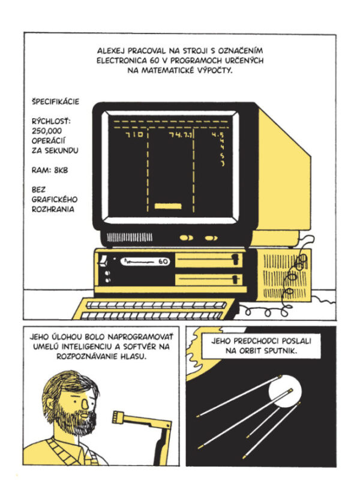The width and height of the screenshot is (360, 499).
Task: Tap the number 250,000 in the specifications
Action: pos(46,131)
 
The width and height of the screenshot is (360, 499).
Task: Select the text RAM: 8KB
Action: pos(50,170)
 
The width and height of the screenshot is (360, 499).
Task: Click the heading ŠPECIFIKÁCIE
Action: pos(55,101)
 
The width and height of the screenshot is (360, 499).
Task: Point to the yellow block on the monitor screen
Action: pos(168,206)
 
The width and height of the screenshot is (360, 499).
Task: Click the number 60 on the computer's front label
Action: pos(163,261)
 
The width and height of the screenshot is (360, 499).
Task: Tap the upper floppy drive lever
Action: pos(235,259)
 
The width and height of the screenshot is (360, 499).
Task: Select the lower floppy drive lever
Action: pos(235,279)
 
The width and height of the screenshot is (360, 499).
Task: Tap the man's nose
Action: pos(85,404)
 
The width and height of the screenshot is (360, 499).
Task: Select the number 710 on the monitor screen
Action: pos(134,134)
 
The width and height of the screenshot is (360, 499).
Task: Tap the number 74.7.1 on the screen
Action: pos(180,135)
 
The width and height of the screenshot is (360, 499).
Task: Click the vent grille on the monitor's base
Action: pos(129,237)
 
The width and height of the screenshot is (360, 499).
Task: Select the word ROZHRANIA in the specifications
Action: pos(53,209)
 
